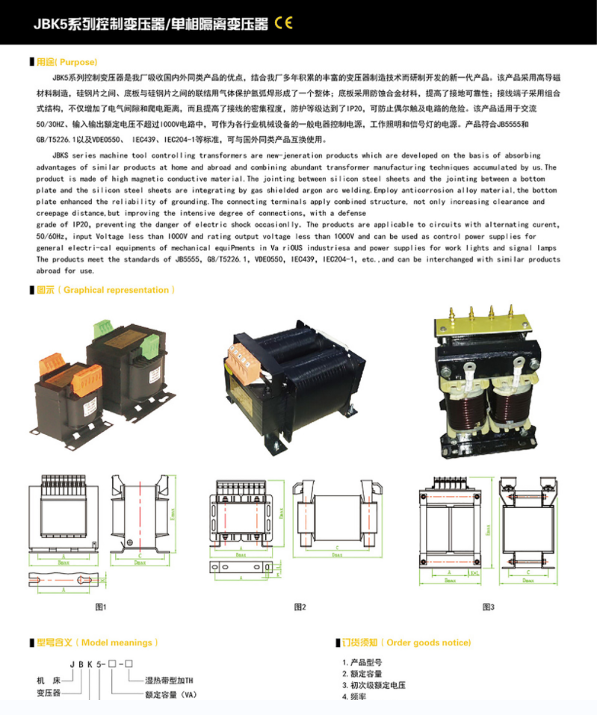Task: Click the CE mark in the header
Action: click(284, 22)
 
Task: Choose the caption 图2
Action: click(300, 607)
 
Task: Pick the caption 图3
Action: click(489, 607)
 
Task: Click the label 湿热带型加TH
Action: click(168, 681)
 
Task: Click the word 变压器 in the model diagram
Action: click(49, 693)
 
